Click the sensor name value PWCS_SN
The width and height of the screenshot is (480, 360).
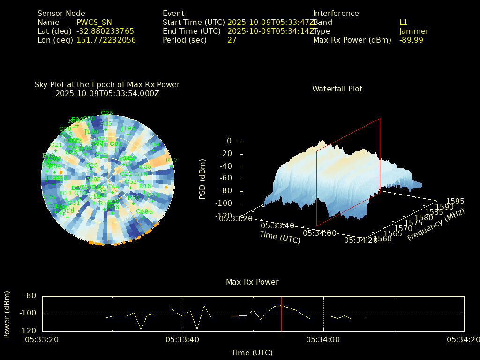tap(94, 22)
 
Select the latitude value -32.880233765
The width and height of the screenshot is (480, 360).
tap(105, 31)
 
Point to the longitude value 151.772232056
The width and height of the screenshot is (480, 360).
tap(106, 40)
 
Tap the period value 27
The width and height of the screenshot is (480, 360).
tap(232, 40)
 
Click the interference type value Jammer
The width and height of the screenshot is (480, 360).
tap(414, 31)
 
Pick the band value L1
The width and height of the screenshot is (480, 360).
tap(403, 22)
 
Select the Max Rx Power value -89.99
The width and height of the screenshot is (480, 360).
tap(411, 40)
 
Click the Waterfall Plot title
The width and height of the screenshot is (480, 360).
tap(337, 89)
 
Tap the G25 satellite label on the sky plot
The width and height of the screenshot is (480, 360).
tap(107, 113)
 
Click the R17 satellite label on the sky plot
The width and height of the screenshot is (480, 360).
tap(172, 160)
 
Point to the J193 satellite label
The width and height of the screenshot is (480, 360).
tap(128, 128)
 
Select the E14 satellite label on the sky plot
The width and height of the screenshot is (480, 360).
tap(154, 144)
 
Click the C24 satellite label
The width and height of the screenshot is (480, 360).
tap(56, 145)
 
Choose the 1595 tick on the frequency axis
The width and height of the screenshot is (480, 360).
tap(455, 202)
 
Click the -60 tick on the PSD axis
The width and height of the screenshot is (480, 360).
tap(227, 179)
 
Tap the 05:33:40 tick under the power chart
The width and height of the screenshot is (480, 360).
tap(183, 339)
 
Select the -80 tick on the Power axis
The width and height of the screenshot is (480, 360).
tap(30, 296)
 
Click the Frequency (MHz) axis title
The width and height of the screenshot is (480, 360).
tap(435, 225)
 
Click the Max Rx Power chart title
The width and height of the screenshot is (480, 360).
tap(252, 282)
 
